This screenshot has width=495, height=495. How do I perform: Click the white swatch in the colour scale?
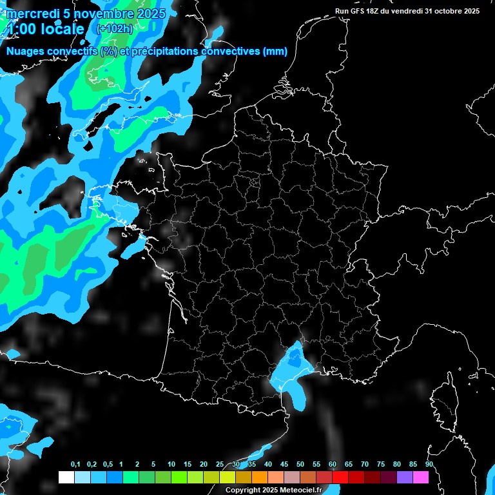pos(66,478)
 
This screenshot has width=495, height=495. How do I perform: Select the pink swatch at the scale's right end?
pos(421,478)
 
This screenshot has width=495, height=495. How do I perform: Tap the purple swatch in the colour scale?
pos(405,478)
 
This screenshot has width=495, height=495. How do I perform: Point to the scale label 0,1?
pos(75,465)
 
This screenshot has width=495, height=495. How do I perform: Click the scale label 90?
pos(429,465)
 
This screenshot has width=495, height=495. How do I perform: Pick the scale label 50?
pos(300,465)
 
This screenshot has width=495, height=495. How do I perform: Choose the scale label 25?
pos(220,465)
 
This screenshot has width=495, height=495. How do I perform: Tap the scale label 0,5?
pos(108,465)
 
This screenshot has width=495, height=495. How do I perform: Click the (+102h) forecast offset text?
pos(114,28)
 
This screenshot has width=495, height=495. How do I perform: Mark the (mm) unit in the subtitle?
pos(276,52)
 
